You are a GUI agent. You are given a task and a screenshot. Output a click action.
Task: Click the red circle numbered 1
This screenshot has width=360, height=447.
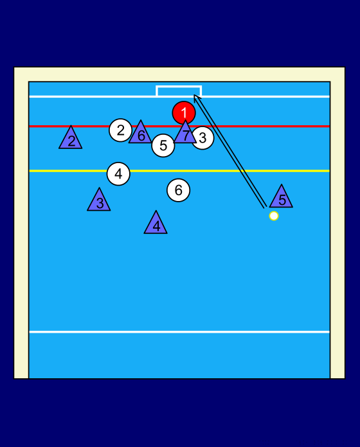click(x=184, y=113)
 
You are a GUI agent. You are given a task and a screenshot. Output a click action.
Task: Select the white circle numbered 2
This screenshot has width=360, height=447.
click(x=121, y=130)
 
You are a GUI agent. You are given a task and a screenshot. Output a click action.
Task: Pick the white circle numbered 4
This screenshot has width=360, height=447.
click(x=118, y=174)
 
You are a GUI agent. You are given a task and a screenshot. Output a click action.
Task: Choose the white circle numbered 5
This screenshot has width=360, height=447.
click(x=163, y=146)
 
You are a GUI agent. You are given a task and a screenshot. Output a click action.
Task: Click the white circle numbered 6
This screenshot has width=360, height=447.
click(x=178, y=190)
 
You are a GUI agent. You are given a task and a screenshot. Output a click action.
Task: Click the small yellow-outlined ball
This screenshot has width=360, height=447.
click(x=274, y=216)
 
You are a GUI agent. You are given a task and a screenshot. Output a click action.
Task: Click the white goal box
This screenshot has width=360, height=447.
click(x=179, y=86)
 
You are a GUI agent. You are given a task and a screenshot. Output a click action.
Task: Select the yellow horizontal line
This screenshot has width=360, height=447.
click(x=179, y=171)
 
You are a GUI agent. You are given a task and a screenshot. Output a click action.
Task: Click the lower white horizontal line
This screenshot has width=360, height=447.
click(x=179, y=332)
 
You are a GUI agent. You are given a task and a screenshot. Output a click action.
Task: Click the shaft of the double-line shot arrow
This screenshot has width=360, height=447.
click(x=230, y=152)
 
